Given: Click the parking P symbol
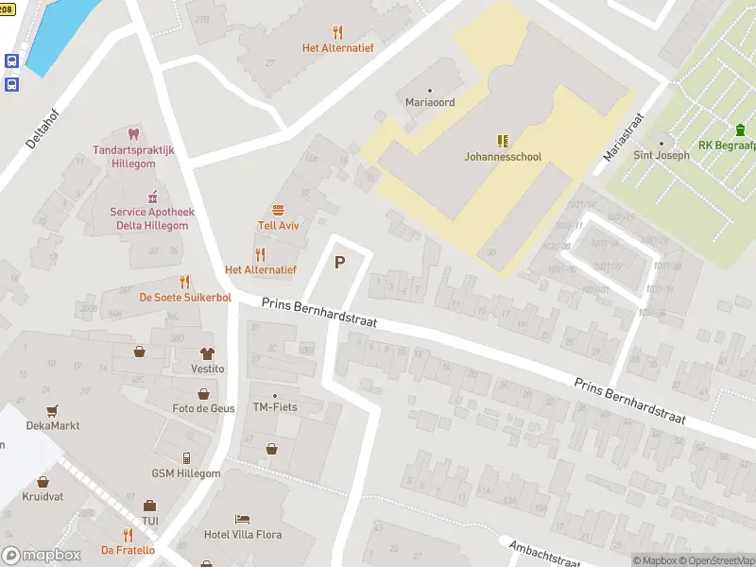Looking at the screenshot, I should coord(339,263).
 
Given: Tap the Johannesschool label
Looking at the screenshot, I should coord(503,157).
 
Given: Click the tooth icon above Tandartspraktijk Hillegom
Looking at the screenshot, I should coord(132,134).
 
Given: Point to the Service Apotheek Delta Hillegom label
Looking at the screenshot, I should coord(148,219).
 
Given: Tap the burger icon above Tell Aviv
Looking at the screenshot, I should coord(278,210).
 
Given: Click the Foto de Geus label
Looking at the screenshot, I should coord(203,408).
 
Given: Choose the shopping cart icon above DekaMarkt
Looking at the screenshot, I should coord(53,410).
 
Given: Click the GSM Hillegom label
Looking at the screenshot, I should coord(186,473).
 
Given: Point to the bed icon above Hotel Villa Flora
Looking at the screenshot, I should coord(243,519).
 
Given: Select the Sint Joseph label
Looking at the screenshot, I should coord(661,155).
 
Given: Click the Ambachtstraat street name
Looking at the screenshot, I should coord(543,554).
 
